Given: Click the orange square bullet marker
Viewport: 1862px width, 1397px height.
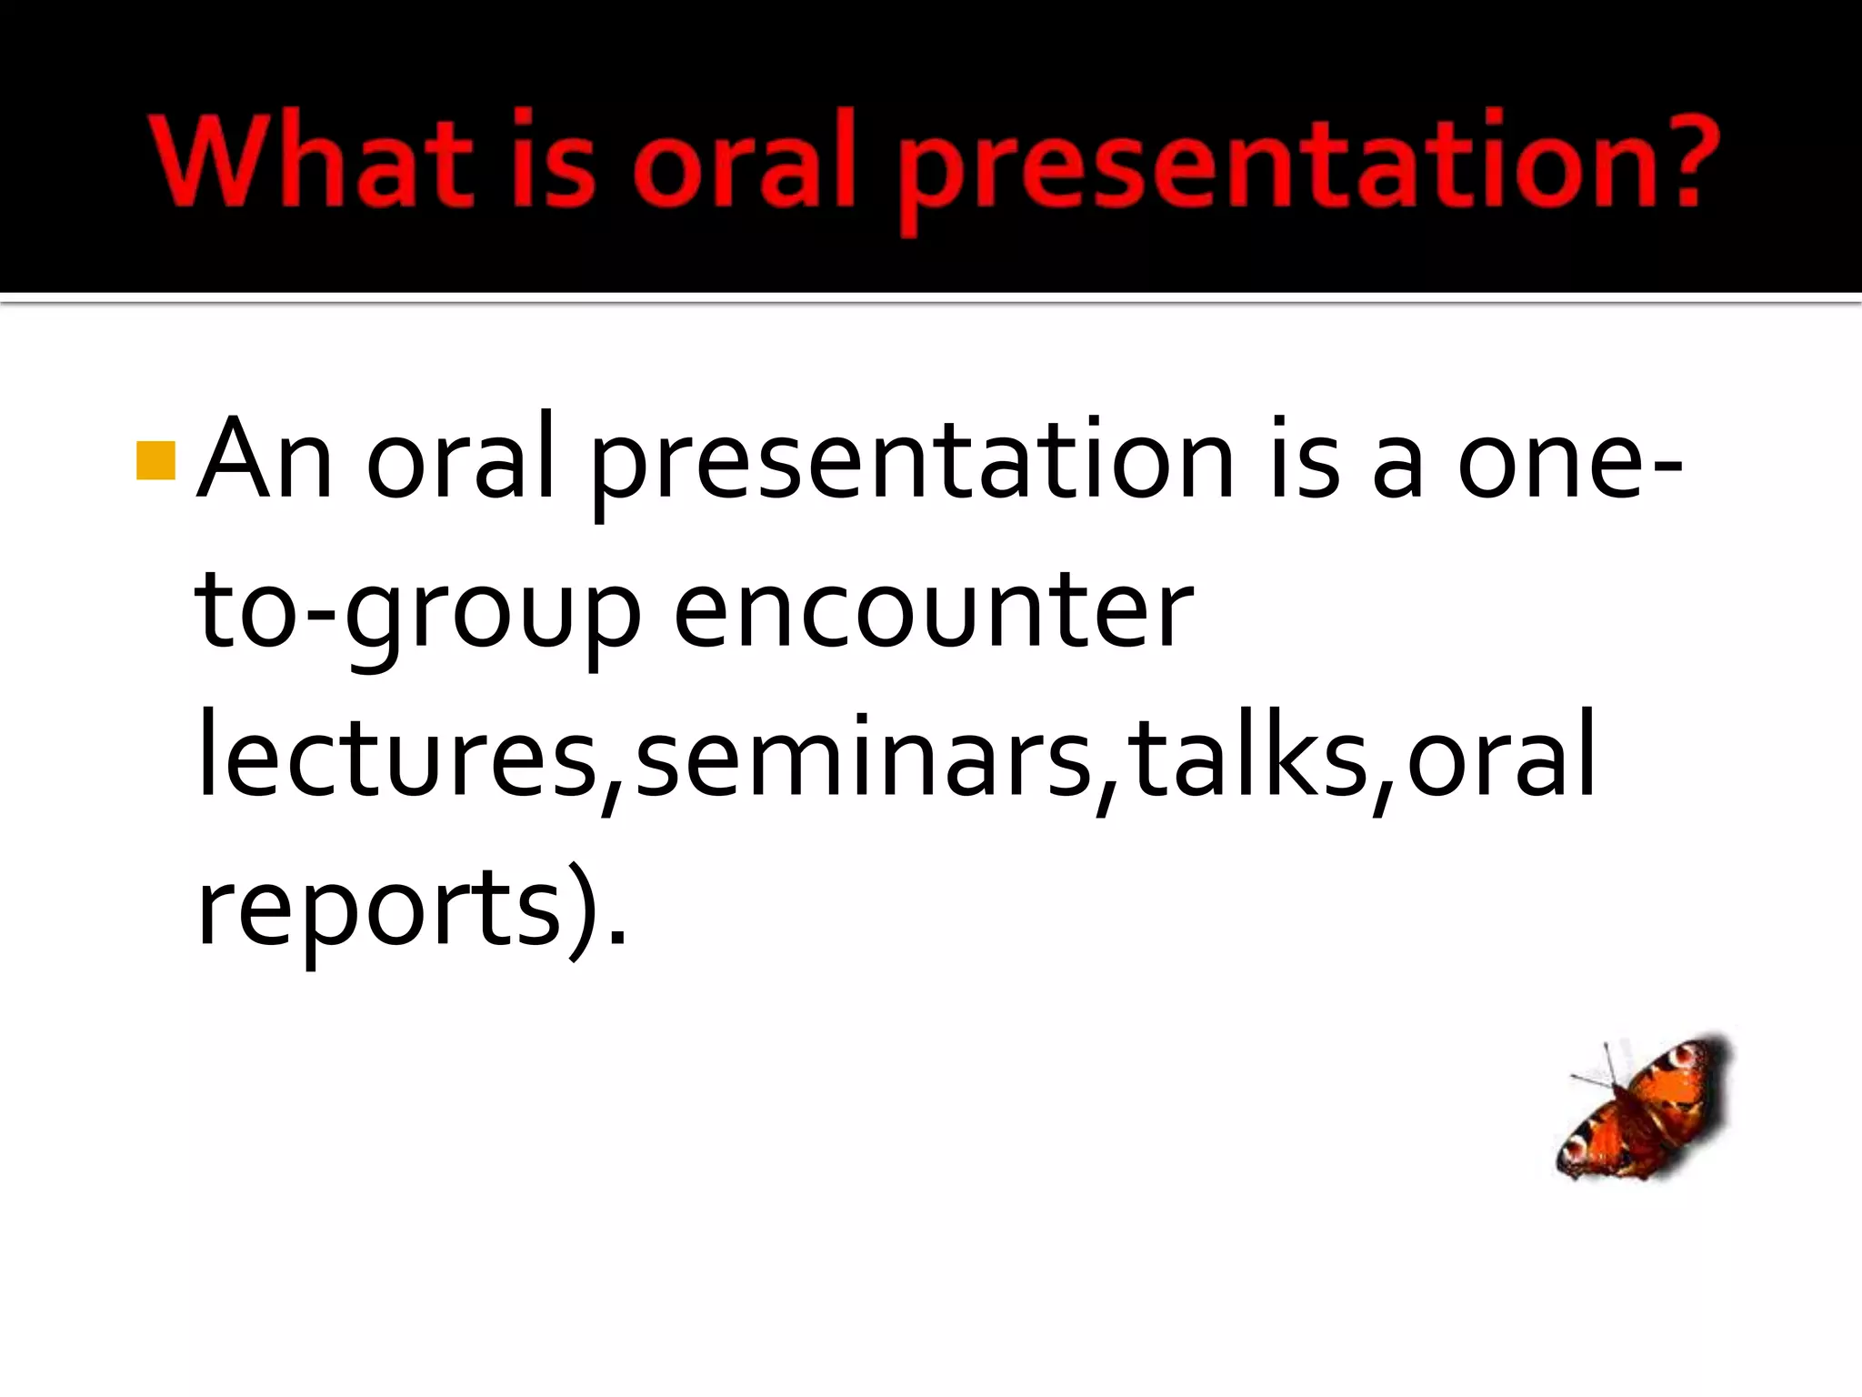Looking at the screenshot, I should pyautogui.click(x=155, y=460).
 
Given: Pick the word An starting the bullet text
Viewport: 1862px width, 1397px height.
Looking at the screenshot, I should pyautogui.click(x=265, y=460).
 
